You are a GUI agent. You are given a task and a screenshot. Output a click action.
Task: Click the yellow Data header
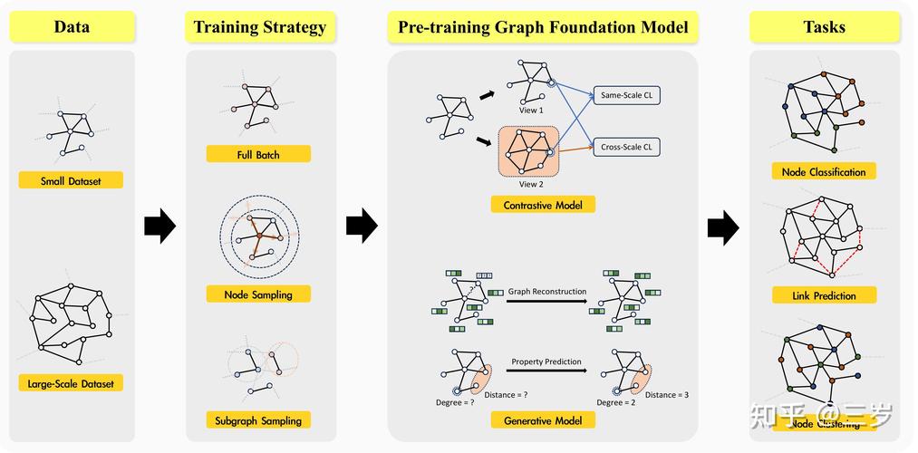pyautogui.click(x=72, y=26)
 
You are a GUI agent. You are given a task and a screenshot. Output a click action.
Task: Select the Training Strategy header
pyautogui.click(x=260, y=27)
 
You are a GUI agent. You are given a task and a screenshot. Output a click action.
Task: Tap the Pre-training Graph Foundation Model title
pyautogui.click(x=543, y=27)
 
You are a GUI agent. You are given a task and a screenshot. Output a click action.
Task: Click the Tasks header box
pyautogui.click(x=824, y=27)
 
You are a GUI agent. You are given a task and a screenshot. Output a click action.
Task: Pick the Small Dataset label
pyautogui.click(x=71, y=180)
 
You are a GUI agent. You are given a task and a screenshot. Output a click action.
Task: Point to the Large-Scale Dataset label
pyautogui.click(x=71, y=383)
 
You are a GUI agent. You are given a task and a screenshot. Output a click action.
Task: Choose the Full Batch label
pyautogui.click(x=258, y=154)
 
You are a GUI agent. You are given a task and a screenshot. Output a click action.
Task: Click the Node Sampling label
pyautogui.click(x=258, y=294)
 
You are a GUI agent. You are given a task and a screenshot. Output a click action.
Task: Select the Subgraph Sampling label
pyautogui.click(x=258, y=419)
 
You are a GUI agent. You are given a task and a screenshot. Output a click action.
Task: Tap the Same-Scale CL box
pyautogui.click(x=626, y=94)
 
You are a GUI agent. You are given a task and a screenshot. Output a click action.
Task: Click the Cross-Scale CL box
pyautogui.click(x=626, y=146)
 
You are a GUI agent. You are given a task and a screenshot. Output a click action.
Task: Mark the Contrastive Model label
pyautogui.click(x=543, y=205)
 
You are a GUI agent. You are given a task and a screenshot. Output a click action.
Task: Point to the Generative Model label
pyautogui.click(x=543, y=419)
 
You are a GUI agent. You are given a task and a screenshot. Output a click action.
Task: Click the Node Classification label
pyautogui.click(x=824, y=171)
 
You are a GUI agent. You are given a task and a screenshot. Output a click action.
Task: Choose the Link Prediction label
pyautogui.click(x=824, y=295)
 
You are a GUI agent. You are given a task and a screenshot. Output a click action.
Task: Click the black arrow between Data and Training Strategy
pyautogui.click(x=159, y=225)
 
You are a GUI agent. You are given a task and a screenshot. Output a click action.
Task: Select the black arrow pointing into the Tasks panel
pyautogui.click(x=723, y=226)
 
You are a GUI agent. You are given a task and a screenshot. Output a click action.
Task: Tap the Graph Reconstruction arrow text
pyautogui.click(x=546, y=292)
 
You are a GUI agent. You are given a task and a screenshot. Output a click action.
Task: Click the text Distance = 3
pyautogui.click(x=667, y=395)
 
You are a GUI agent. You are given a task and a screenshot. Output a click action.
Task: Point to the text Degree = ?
pyautogui.click(x=455, y=401)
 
